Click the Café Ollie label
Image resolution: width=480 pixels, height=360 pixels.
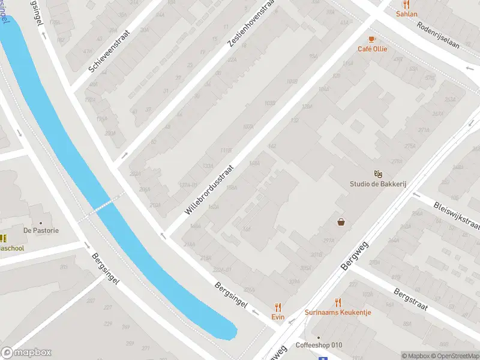pos(373,49)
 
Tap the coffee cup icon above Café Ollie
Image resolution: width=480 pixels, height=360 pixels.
pos(372,39)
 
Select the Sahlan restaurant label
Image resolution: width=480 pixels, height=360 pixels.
pos(407,13)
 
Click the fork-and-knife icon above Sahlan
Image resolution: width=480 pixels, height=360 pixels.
pos(406,4)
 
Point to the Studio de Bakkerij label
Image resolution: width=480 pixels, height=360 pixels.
pos(378,184)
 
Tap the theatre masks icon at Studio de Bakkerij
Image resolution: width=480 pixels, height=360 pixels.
pos(378,174)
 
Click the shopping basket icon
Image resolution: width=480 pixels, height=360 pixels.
pos(341,222)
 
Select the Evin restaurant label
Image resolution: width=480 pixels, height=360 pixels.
pos(277,316)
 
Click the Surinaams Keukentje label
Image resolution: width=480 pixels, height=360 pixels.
pos(338,312)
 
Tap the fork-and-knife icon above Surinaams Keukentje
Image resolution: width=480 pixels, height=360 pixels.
pos(338,302)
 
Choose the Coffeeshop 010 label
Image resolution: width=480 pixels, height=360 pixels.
pos(319,345)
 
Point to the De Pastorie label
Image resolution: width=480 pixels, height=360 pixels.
pos(41,230)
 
